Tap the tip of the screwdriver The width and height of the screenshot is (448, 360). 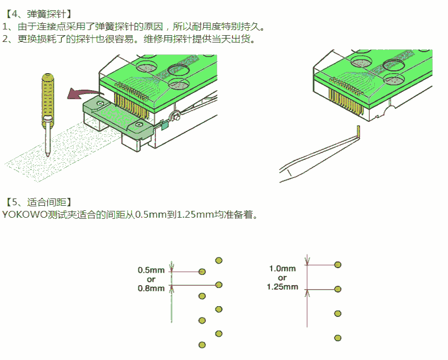(48, 156)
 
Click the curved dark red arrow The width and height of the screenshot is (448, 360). (85, 94)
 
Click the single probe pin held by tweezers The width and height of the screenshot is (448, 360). (358, 132)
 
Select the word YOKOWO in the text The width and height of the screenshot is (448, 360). (24, 214)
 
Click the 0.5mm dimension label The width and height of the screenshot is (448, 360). (151, 270)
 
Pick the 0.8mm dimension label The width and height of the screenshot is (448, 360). (151, 289)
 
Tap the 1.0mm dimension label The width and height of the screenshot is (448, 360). (282, 269)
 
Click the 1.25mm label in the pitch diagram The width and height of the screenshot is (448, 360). (282, 287)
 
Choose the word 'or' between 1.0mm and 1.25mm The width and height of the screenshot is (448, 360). (282, 278)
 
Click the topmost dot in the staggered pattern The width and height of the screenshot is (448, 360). (219, 261)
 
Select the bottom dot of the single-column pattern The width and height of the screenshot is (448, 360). (338, 338)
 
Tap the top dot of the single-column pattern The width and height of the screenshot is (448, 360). (338, 265)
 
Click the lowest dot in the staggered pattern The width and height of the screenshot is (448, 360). (202, 345)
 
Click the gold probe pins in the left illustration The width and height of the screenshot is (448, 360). (131, 104)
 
